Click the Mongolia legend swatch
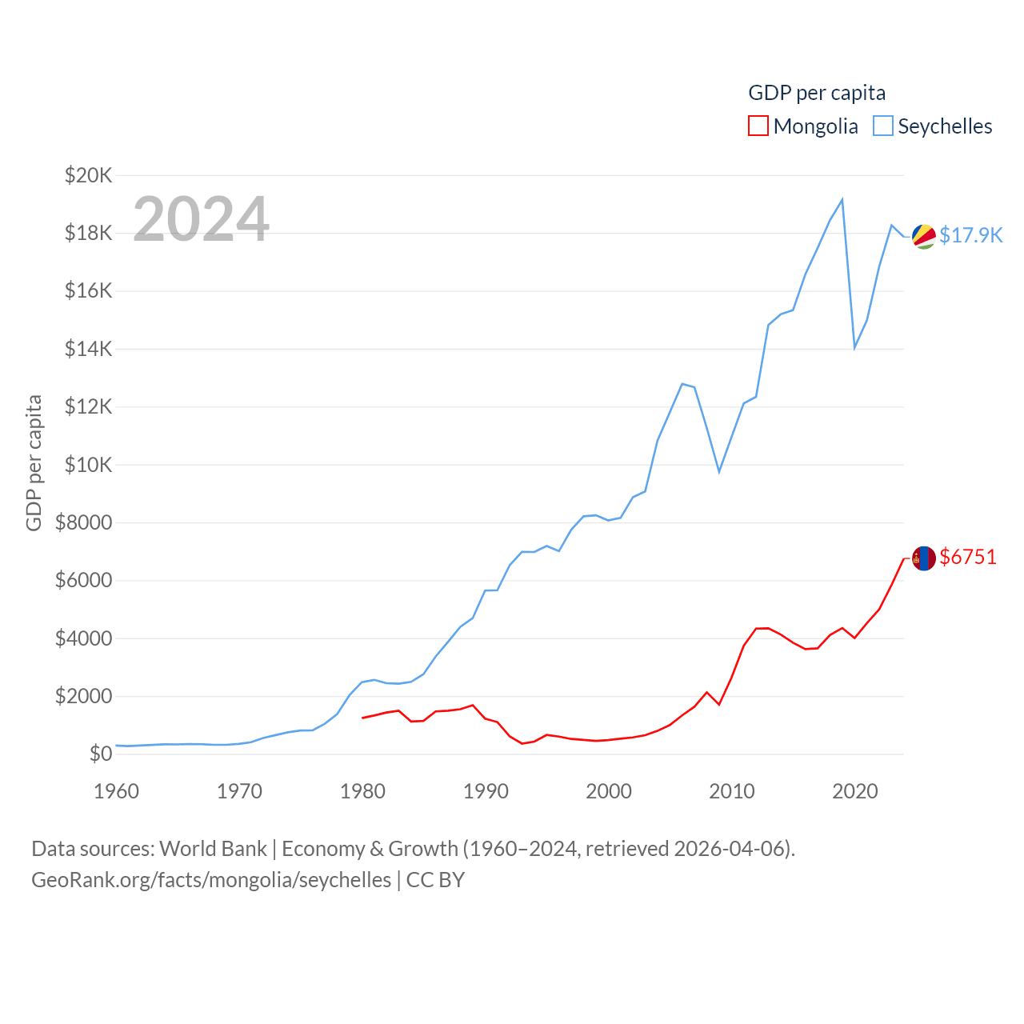click(758, 126)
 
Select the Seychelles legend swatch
click(882, 126)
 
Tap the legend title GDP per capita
click(816, 93)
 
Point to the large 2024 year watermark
click(201, 218)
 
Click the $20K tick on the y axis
click(88, 175)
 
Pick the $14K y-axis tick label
click(88, 349)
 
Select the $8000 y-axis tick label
click(83, 522)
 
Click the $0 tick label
click(100, 754)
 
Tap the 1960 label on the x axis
click(116, 791)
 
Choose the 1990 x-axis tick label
click(486, 791)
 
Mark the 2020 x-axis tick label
click(855, 791)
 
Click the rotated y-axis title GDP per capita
click(34, 462)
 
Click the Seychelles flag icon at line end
click(924, 236)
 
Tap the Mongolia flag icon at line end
click(924, 558)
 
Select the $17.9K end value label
click(970, 235)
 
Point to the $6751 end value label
click(968, 557)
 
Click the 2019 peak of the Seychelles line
click(842, 199)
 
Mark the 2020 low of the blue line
click(854, 347)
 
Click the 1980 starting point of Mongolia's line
click(362, 718)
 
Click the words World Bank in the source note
click(213, 848)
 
